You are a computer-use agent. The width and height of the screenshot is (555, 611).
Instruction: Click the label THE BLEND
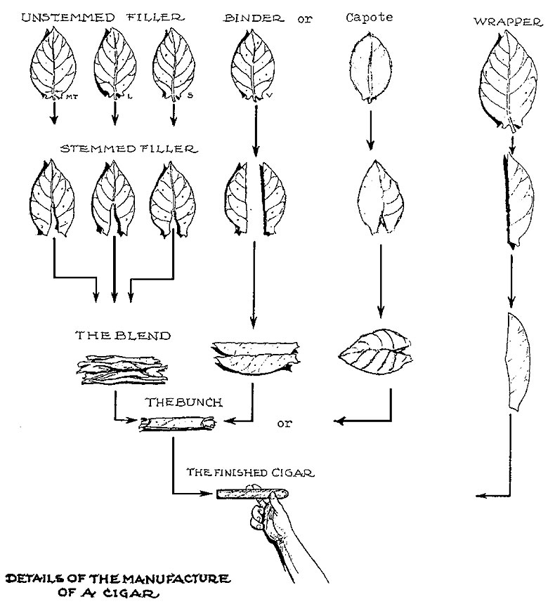point(122,336)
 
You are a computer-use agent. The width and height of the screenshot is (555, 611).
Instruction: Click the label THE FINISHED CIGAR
point(250,473)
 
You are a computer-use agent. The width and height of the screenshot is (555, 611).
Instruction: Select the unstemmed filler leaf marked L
point(115,67)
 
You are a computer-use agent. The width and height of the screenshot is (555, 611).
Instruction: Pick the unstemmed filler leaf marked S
point(174,67)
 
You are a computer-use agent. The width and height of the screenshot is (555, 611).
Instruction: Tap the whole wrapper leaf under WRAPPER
point(511,84)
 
